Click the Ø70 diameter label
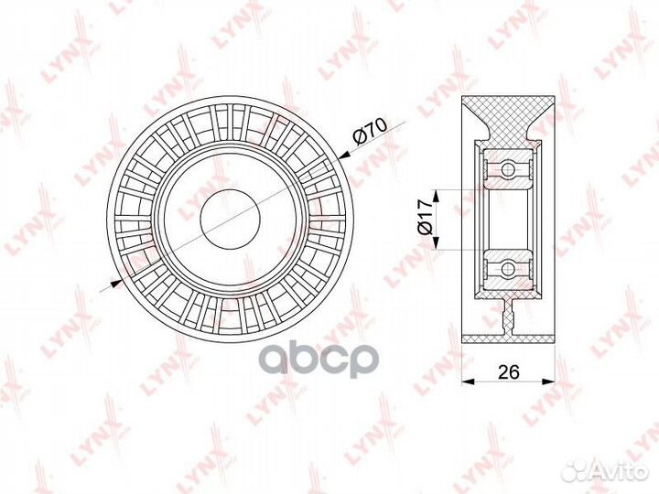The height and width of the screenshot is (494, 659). [370, 131]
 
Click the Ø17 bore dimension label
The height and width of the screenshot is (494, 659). [424, 217]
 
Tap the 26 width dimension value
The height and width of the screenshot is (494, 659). [509, 371]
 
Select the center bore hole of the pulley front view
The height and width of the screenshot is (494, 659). [231, 219]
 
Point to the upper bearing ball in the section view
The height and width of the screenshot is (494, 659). [508, 169]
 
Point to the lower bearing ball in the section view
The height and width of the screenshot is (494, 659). [508, 267]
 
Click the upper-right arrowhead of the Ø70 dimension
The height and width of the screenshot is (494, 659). [344, 156]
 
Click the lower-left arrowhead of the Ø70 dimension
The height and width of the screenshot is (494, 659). [115, 284]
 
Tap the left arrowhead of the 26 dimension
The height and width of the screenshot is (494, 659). [468, 381]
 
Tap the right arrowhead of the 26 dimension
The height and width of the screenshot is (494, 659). [548, 381]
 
